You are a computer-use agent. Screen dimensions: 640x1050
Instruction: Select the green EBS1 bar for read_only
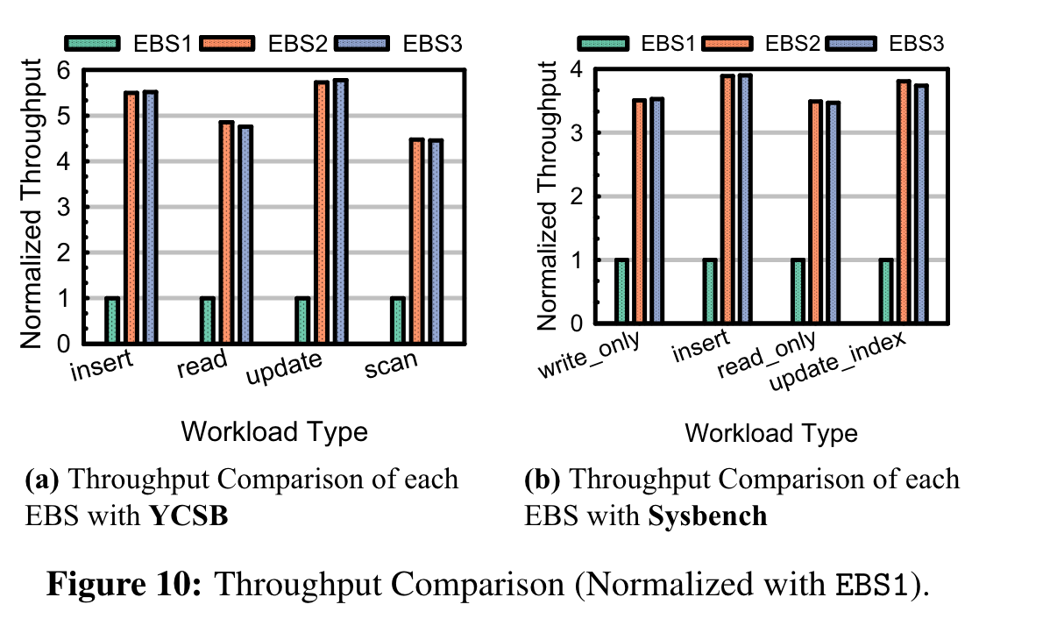click(798, 292)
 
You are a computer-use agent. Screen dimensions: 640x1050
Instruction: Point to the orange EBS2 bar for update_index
click(903, 203)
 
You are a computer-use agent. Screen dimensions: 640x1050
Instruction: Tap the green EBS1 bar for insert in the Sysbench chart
click(710, 292)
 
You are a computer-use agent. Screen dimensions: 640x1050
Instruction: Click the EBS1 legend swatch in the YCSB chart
click(91, 42)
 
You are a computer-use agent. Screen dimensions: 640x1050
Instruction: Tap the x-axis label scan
click(392, 369)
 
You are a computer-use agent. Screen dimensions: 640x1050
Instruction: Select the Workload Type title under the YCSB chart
click(273, 431)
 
